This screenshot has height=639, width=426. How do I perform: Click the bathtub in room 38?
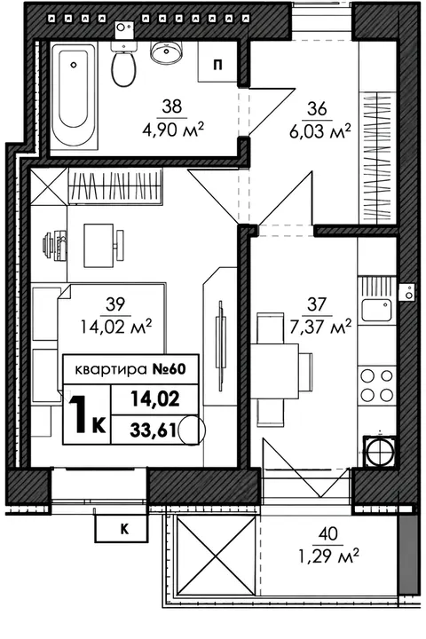coord(74,98)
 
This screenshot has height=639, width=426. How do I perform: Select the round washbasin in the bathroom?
coord(166,51)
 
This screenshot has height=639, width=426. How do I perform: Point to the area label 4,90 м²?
coord(172,130)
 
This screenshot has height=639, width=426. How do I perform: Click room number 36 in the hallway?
coord(317,109)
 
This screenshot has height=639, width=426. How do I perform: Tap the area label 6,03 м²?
coord(320,131)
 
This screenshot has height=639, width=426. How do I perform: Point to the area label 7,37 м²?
coord(320,327)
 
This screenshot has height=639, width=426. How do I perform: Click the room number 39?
coord(115,304)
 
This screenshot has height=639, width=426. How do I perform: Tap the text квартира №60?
coord(130,369)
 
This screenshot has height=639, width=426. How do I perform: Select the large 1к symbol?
coord(86,414)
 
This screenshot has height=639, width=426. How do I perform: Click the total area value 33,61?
coord(153,430)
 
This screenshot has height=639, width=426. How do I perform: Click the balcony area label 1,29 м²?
coord(328,556)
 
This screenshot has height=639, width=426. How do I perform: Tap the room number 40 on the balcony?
coord(328,533)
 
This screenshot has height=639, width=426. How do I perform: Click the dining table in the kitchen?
coord(274,371)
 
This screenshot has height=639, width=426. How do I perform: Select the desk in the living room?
coord(99,245)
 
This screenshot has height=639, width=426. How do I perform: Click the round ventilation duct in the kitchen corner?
coord(379,451)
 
